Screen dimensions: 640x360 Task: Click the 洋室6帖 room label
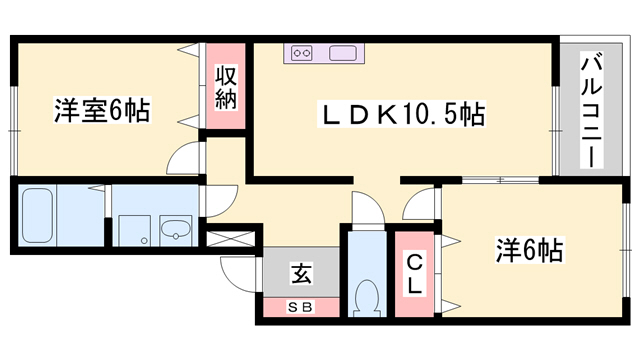[102, 110]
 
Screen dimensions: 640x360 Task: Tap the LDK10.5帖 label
[402, 114]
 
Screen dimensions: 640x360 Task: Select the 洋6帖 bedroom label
[529, 250]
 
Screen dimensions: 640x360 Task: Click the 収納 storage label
[226, 87]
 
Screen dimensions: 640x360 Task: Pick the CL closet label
[414, 273]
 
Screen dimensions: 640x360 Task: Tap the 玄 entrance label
[302, 273]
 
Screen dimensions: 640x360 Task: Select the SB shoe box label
[301, 307]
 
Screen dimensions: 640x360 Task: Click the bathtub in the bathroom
[38, 215]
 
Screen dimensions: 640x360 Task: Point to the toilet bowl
[367, 298]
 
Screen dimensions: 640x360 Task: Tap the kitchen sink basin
[343, 53]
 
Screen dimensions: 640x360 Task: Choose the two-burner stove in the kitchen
[302, 53]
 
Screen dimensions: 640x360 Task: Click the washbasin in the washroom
[176, 230]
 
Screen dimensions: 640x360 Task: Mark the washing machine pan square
[135, 231]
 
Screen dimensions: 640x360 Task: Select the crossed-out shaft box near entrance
[231, 238]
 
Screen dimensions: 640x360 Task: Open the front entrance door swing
[239, 274]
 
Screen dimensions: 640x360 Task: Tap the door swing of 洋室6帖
[184, 159]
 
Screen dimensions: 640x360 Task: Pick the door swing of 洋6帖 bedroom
[419, 204]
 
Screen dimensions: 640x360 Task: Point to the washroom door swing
[221, 201]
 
